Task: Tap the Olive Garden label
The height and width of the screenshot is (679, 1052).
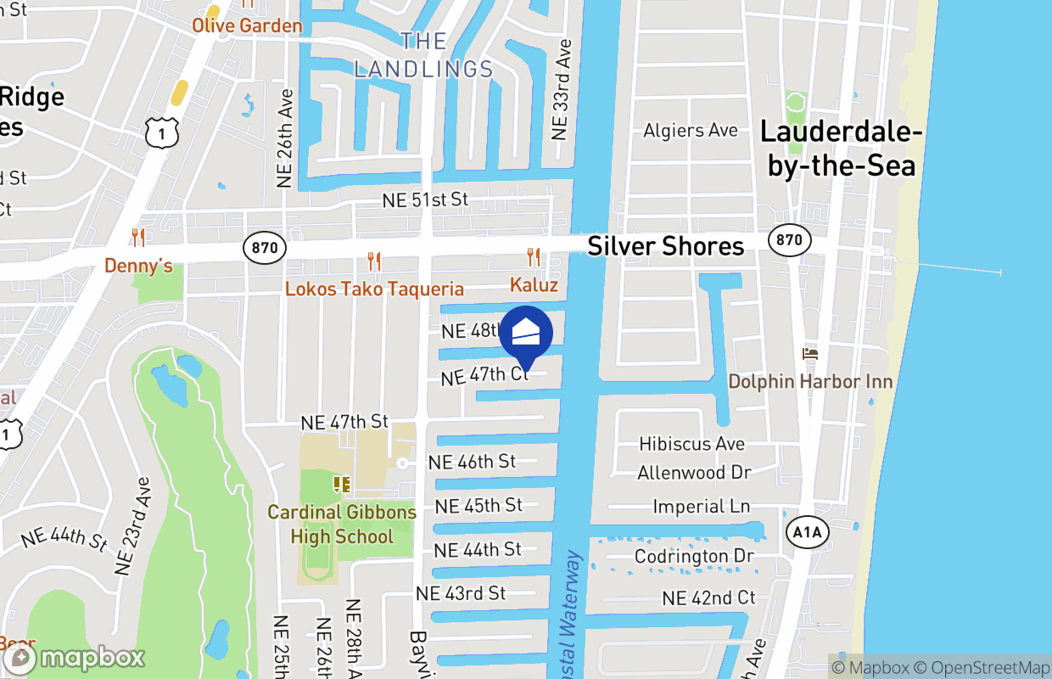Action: click(247, 25)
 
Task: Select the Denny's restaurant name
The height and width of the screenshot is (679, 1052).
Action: click(138, 267)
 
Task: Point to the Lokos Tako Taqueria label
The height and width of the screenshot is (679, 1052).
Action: click(374, 289)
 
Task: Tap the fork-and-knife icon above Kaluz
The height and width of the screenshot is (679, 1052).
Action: click(534, 257)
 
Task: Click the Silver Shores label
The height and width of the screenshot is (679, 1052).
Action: click(666, 246)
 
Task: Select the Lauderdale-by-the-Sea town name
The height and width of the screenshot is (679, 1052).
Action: click(841, 148)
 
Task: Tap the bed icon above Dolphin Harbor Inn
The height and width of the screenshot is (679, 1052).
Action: click(810, 353)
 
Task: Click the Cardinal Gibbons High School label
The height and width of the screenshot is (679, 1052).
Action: click(342, 525)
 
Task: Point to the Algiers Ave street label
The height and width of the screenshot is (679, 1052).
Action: click(691, 131)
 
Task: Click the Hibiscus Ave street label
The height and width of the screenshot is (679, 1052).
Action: click(692, 444)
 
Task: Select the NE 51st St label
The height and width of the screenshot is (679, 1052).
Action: click(425, 199)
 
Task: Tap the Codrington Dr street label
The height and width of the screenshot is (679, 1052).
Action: click(695, 556)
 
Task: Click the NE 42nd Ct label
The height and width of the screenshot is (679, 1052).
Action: click(708, 598)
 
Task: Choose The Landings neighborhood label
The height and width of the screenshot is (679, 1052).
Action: click(423, 55)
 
